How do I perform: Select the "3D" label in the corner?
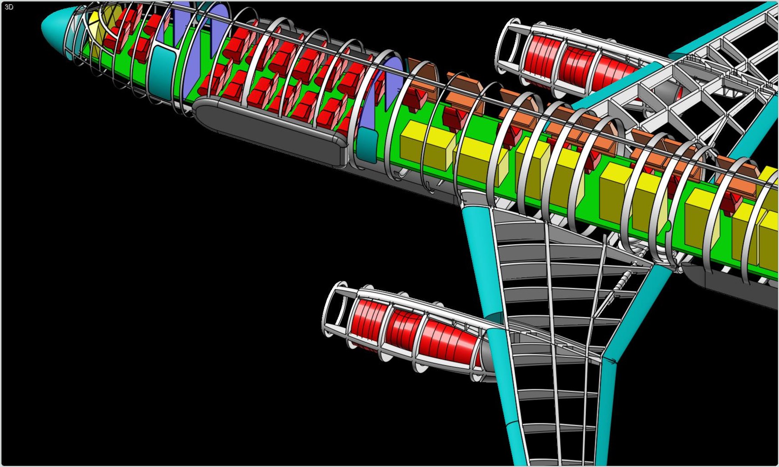pyautogui.click(x=9, y=7)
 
